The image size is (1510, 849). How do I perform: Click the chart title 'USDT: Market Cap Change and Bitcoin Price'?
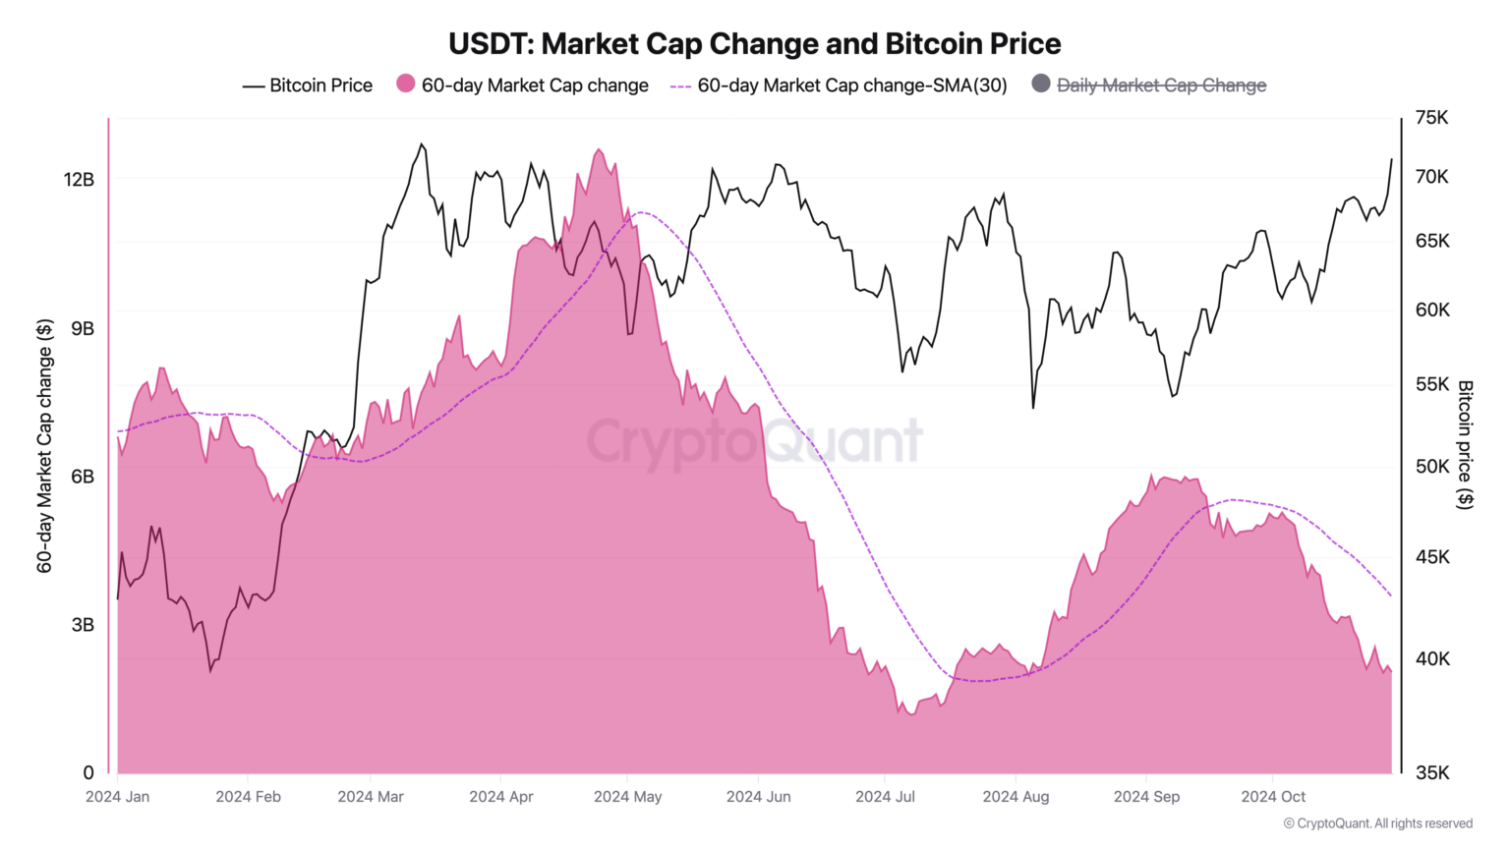pyautogui.click(x=754, y=44)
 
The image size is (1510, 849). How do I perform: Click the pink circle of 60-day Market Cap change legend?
pyautogui.click(x=405, y=84)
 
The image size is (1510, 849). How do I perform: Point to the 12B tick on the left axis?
pyautogui.click(x=79, y=180)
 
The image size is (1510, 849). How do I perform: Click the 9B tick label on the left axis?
pyautogui.click(x=83, y=328)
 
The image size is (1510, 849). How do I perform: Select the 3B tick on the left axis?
pyautogui.click(x=83, y=625)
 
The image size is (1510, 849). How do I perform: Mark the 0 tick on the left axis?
pyautogui.click(x=88, y=773)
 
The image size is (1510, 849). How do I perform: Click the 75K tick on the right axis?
pyautogui.click(x=1431, y=118)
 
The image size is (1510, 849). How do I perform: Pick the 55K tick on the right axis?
pyautogui.click(x=1431, y=384)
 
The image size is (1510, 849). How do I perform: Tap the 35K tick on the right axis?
pyautogui.click(x=1431, y=773)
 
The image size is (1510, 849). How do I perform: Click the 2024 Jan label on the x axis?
pyautogui.click(x=118, y=797)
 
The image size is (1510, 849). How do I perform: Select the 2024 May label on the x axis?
pyautogui.click(x=627, y=797)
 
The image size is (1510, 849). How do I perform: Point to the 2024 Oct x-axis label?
pyautogui.click(x=1273, y=797)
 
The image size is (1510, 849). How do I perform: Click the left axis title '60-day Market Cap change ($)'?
pyautogui.click(x=44, y=445)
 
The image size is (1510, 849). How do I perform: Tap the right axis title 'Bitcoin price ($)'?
pyautogui.click(x=1465, y=444)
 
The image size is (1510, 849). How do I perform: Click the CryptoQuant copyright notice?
pyautogui.click(x=1377, y=823)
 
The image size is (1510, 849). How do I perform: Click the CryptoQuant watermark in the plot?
pyautogui.click(x=754, y=441)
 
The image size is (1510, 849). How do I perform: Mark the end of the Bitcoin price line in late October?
pyautogui.click(x=1391, y=159)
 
